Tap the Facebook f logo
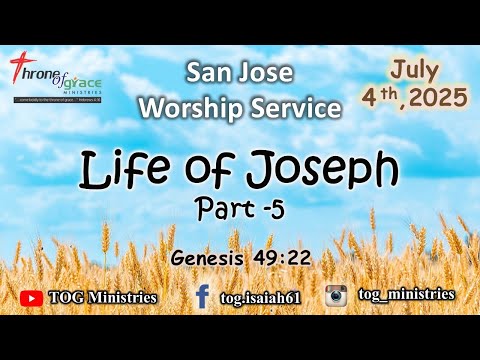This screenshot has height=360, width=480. point(203,296)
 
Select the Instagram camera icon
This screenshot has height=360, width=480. point(335,296)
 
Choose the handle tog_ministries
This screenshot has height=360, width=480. point(404,294)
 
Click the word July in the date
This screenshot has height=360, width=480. point(414,71)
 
